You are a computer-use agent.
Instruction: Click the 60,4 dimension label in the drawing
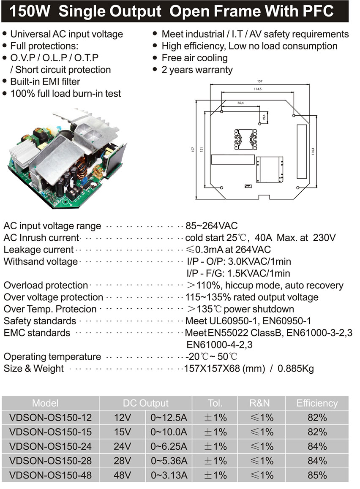240,103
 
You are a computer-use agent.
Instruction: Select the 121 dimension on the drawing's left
201,149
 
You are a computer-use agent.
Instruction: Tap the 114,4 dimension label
314,149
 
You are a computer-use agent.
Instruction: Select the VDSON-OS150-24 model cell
50,446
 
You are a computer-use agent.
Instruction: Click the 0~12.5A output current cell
169,418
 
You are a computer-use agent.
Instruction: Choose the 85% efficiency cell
317,475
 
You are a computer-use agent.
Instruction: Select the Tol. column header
215,403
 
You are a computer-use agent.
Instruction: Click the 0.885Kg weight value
296,368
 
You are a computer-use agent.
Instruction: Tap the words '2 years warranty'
197,70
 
